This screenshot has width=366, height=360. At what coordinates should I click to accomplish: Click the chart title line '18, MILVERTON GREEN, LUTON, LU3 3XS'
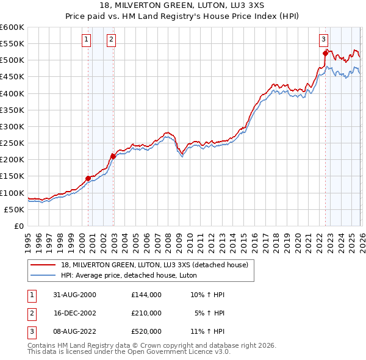point(183,5)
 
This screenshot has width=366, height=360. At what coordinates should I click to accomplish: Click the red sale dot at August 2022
point(325,54)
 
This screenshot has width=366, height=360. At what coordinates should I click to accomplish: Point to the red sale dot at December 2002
point(113,156)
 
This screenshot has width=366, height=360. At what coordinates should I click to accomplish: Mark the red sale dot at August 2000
point(88,178)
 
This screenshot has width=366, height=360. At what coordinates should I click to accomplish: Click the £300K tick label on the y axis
point(12,127)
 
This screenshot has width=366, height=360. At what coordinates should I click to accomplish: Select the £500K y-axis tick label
point(12,60)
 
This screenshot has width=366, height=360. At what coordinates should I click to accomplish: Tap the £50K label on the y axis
point(15,209)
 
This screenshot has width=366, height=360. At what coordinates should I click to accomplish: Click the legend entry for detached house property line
point(154,265)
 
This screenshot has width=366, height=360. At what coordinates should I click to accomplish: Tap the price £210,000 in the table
point(146,312)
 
